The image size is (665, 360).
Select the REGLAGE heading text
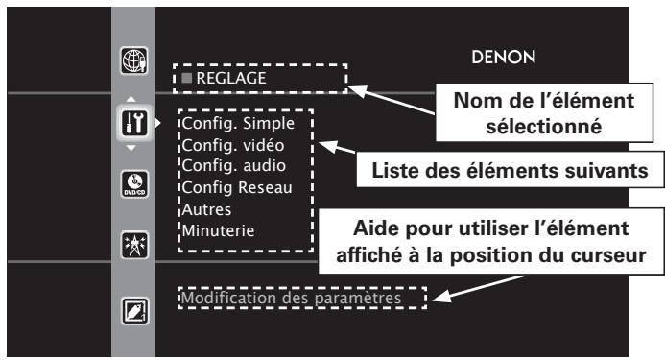click(226, 77)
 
